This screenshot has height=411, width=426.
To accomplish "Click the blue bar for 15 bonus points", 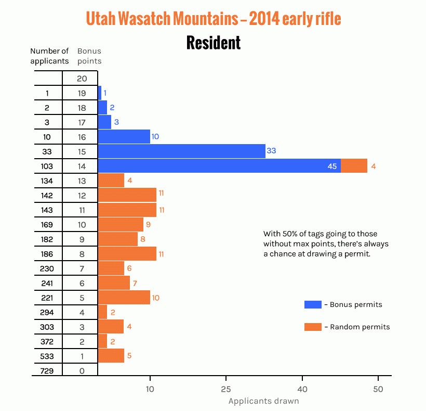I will point(181,151).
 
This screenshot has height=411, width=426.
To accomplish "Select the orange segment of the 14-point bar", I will point(354,166).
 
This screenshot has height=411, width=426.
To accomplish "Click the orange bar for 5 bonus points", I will point(124,298).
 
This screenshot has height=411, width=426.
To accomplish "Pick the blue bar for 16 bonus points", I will point(124,137).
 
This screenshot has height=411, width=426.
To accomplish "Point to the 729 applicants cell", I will point(47,371).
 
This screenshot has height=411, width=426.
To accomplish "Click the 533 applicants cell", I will point(47,356).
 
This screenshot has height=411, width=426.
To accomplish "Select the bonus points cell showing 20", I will point(81,79).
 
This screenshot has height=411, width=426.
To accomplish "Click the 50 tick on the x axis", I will point(378,389).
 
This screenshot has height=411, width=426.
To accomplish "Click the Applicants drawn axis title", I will point(264,401).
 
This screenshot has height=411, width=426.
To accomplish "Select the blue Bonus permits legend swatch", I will point(313,304).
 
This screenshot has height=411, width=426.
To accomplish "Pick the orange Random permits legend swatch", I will point(313,327).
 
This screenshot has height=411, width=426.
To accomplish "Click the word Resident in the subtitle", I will point(214,43).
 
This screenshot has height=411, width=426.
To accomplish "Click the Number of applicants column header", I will point(49,56).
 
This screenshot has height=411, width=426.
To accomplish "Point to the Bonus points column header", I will point(89,56).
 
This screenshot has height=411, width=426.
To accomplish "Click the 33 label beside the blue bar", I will point(271,151).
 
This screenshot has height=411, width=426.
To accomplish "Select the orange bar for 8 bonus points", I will point(127,254).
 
